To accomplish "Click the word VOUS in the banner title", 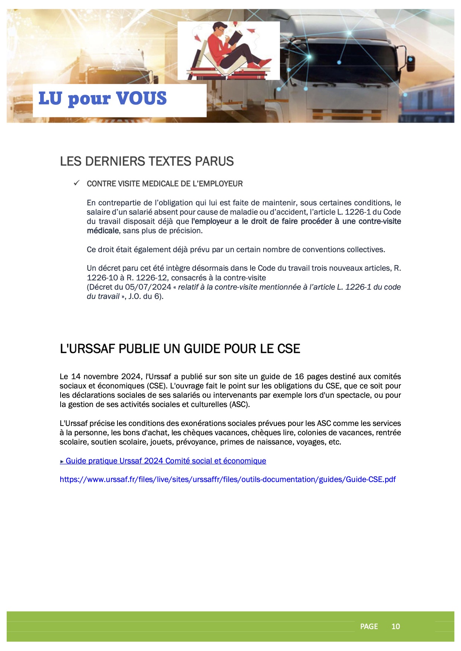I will pyautogui.click(x=141, y=98).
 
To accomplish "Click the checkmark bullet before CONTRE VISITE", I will pyautogui.click(x=77, y=183).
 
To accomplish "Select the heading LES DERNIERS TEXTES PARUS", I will pyautogui.click(x=147, y=161).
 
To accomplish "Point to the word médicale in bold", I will pyautogui.click(x=103, y=231).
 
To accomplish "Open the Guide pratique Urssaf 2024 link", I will pyautogui.click(x=165, y=461).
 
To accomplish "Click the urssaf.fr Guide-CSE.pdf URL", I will pyautogui.click(x=228, y=479).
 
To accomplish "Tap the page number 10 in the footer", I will pyautogui.click(x=396, y=626).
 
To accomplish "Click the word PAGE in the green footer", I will pyautogui.click(x=369, y=626).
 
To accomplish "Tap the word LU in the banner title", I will pyautogui.click(x=50, y=98).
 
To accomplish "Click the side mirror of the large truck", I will pyautogui.click(x=410, y=64).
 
